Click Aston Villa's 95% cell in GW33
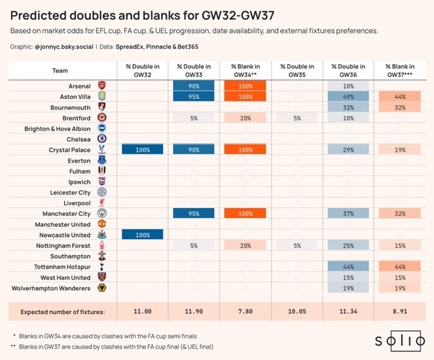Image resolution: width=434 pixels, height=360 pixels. (194, 96)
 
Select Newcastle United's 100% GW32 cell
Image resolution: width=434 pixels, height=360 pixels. (143, 235)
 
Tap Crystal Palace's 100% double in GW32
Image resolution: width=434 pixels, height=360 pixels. (143, 150)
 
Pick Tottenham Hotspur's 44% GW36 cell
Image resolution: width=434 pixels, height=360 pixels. (348, 267)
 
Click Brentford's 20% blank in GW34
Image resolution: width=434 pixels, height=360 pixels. (245, 118)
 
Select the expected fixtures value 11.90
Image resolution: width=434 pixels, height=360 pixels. (194, 312)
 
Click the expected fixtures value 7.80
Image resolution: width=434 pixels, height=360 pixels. (245, 312)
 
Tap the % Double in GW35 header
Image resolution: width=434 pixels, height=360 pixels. (297, 70)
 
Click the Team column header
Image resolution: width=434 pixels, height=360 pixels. (60, 71)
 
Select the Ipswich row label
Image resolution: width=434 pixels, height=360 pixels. (79, 182)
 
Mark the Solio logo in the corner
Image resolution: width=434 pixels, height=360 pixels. (399, 341)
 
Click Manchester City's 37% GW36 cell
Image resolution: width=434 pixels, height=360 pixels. (348, 214)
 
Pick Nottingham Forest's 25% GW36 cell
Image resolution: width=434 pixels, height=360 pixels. (348, 245)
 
